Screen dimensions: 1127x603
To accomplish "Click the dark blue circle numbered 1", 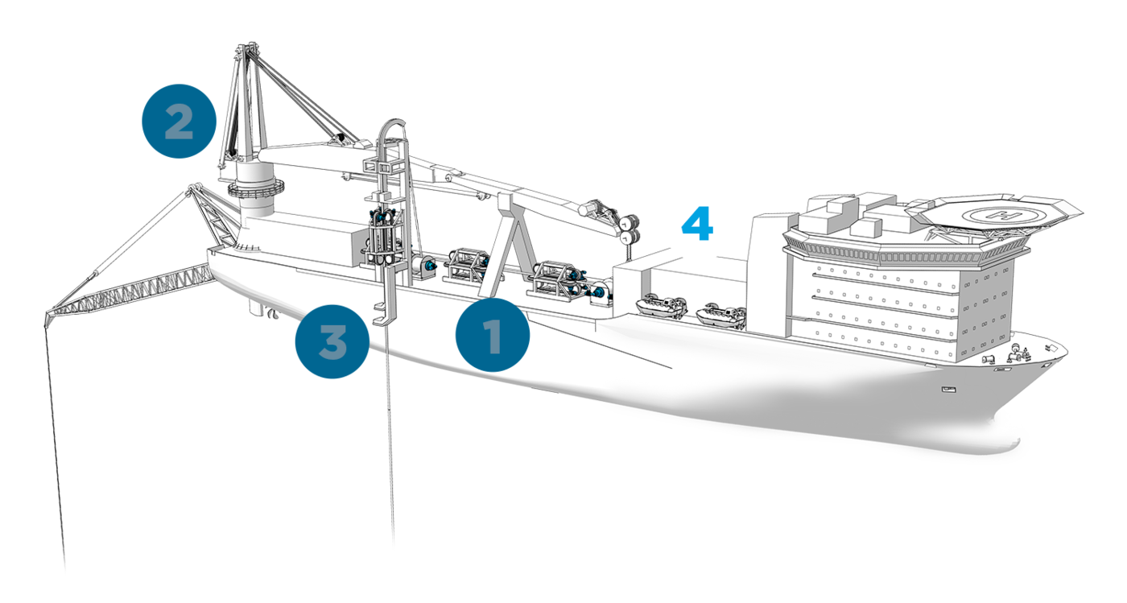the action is [493, 335].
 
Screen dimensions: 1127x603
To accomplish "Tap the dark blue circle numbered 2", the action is [179, 121].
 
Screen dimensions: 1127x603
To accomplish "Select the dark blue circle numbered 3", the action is [332, 341].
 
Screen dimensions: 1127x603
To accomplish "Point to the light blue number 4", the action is [697, 224].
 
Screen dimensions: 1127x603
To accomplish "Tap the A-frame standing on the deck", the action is [509, 246].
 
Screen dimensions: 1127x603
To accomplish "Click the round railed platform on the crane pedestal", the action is [256, 189].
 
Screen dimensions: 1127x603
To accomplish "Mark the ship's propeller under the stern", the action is [272, 314].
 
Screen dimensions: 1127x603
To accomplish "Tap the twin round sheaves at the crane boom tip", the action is [629, 228].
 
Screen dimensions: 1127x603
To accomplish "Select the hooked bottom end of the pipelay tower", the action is [384, 316].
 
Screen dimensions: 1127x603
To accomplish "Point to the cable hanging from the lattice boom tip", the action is [55, 448].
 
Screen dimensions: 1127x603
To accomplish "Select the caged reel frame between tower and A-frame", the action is [466, 264].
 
